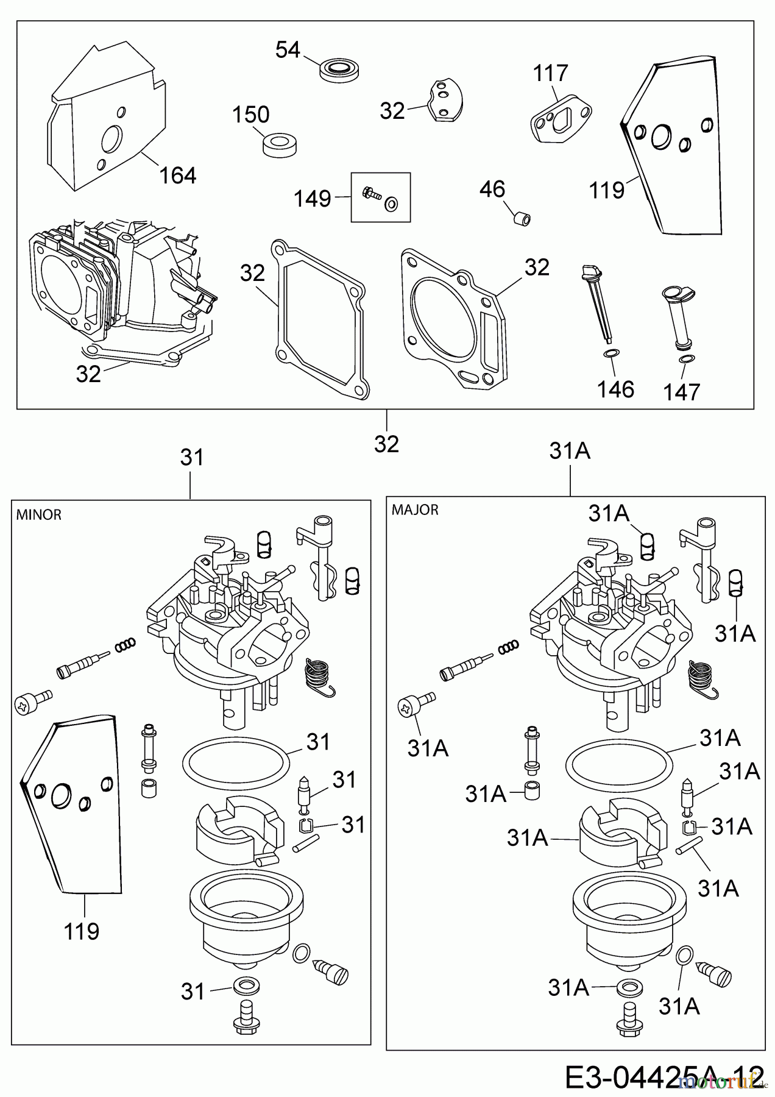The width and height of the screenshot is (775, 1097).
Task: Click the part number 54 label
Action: coord(288,50)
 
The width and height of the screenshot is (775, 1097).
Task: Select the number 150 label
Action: coord(251,115)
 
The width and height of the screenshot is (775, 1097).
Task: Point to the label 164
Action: coord(178,176)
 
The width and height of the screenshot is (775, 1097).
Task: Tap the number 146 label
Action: coord(616,389)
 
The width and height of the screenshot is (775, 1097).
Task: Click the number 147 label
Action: coord(682,392)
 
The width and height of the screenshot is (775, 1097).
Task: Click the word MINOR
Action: coord(38,515)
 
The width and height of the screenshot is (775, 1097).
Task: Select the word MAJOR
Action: coord(415,510)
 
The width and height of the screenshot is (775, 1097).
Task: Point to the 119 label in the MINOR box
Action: coord(82,931)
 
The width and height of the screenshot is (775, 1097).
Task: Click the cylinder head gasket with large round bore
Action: coord(458,317)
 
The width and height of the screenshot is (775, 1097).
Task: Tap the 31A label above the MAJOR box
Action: coord(570,451)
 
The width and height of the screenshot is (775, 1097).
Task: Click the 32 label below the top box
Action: coord(387,444)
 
